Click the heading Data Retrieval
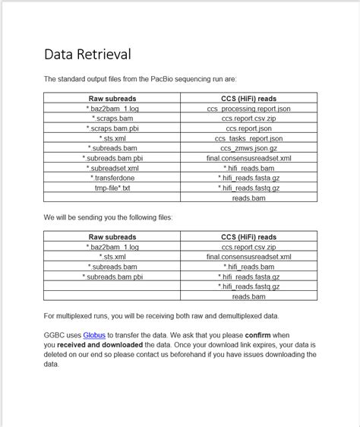pos(87,54)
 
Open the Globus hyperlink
pos(93,335)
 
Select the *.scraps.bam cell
pos(112,119)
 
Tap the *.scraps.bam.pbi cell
pos(112,128)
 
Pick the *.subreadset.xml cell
pos(112,168)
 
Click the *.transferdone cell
pos(112,178)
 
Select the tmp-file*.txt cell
pos(112,188)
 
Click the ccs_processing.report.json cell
pos(248,109)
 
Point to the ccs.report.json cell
pos(248,128)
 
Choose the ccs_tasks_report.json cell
pos(248,138)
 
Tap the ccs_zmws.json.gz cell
pos(248,148)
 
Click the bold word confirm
pos(258,335)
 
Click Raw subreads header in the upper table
pos(112,99)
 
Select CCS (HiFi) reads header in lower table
pos(248,237)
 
